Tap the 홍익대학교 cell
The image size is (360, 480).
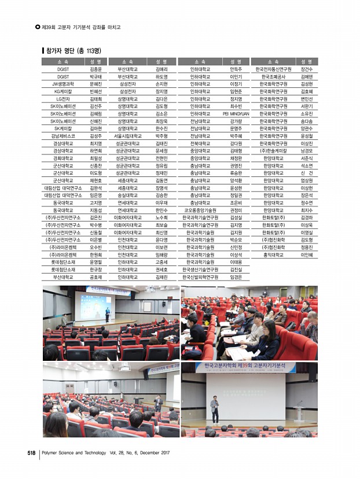click(274, 254)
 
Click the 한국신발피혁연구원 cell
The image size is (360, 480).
click(200, 276)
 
